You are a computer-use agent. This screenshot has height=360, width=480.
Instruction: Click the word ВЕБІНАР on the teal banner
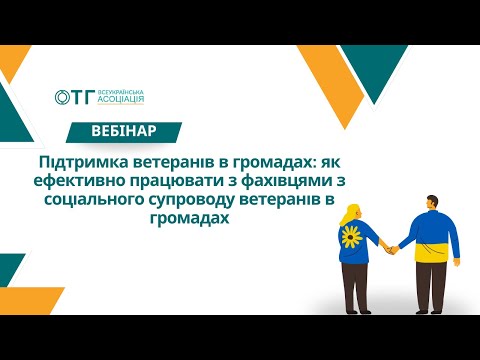tap(122, 131)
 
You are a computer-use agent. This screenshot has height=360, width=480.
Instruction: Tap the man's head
tap(432, 204)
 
